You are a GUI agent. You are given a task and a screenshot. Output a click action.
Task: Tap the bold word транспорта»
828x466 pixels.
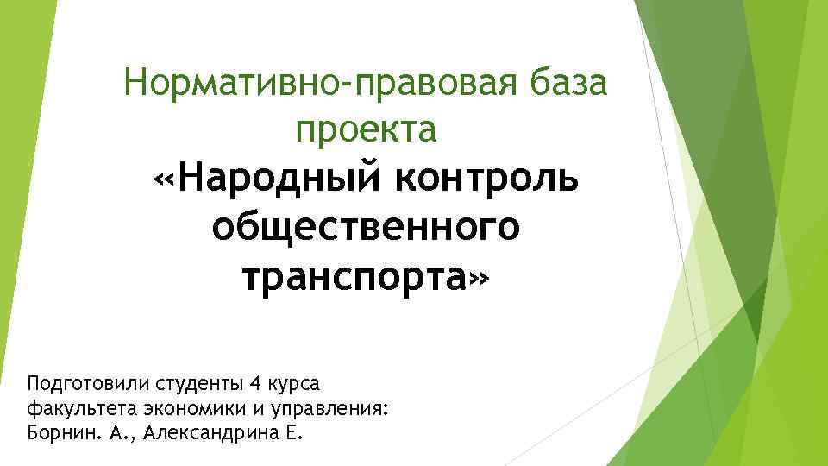(x=366, y=277)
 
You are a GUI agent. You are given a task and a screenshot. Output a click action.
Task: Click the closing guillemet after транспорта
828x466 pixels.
(x=481, y=279)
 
